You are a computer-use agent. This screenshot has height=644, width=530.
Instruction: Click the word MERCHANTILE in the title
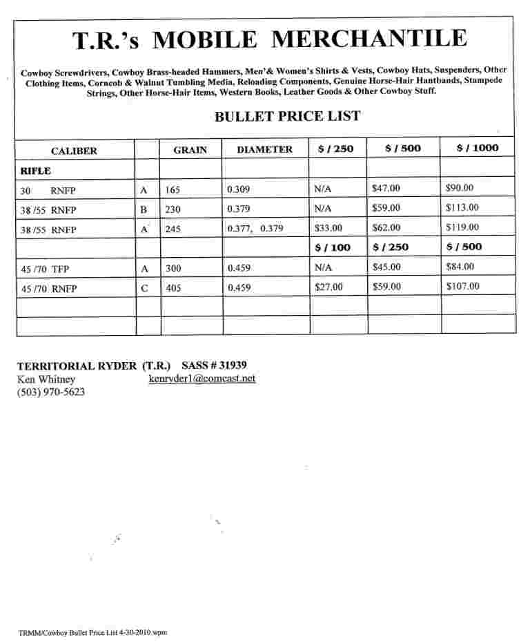click(369, 39)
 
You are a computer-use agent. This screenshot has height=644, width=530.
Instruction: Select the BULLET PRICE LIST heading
click(287, 116)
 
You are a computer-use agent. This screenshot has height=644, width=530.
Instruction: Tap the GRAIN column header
click(190, 150)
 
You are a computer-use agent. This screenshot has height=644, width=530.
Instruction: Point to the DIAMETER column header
click(264, 149)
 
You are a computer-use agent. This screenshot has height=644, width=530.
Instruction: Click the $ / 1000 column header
click(477, 148)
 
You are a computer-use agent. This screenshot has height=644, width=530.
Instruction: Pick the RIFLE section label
click(35, 169)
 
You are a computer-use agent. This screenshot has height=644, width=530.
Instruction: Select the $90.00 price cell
click(460, 187)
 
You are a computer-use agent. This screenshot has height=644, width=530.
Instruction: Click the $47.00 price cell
click(386, 187)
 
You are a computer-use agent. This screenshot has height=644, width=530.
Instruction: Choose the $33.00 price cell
click(328, 227)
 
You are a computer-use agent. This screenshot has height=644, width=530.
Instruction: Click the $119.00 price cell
click(462, 227)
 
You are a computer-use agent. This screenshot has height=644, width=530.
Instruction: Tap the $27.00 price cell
click(328, 287)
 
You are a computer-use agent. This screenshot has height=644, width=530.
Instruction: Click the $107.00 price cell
click(462, 286)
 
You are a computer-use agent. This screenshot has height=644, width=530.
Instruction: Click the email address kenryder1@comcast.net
click(202, 379)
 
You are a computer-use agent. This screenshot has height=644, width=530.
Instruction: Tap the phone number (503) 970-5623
click(51, 392)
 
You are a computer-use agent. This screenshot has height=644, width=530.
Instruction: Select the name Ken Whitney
click(46, 379)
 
